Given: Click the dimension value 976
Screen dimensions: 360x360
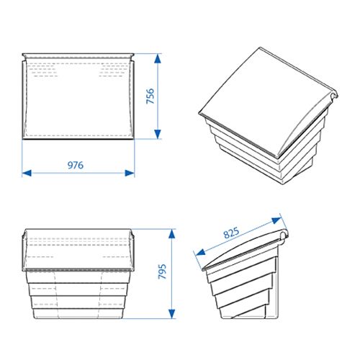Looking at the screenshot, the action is [x=76, y=165].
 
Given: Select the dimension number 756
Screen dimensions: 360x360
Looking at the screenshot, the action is [x=150, y=96].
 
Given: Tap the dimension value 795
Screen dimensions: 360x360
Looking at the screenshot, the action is [x=163, y=271].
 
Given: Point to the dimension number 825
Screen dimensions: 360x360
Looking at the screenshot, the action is [x=231, y=233].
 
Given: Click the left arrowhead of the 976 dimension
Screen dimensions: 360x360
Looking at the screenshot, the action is [x=27, y=173].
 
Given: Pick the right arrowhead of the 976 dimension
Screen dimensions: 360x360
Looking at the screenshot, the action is [x=130, y=173].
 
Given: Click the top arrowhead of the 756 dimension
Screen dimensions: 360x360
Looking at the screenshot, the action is [x=158, y=58].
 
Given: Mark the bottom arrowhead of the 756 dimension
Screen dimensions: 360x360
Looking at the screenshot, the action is [x=158, y=134].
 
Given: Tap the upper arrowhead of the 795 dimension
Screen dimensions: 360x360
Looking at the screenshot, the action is [x=171, y=234].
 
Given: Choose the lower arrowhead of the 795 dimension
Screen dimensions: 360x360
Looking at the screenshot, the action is [x=171, y=314].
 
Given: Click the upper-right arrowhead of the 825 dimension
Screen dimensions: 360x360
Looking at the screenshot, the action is [x=276, y=220].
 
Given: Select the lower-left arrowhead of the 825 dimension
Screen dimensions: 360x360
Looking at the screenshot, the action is [x=201, y=252].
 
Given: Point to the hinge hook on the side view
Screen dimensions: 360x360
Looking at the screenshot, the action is [x=284, y=235].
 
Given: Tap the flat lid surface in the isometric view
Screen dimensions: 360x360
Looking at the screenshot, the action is [x=261, y=99].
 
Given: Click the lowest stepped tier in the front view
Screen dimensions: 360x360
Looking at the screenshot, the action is [x=78, y=314].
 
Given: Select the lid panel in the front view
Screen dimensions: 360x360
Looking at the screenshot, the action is [x=78, y=250].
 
